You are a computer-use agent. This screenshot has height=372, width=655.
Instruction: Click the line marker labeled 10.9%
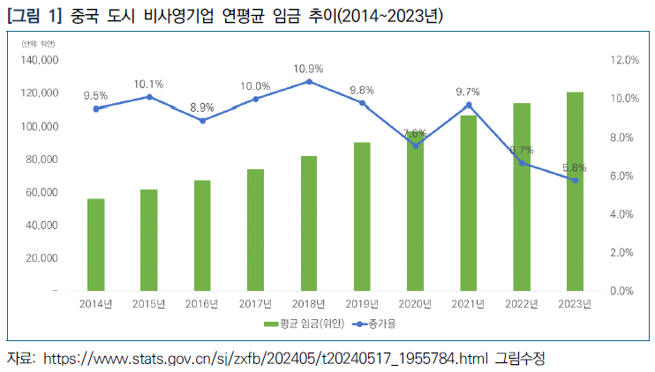[x=309, y=81]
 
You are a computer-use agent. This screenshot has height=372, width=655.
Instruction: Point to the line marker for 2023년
[x=575, y=180]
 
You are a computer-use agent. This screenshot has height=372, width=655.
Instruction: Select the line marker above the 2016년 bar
[x=202, y=120]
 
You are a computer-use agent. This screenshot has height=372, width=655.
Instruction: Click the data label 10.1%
[x=149, y=84]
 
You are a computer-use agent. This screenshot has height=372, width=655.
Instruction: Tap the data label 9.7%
[x=468, y=92]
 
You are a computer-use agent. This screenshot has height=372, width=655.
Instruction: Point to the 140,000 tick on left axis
[x=41, y=60]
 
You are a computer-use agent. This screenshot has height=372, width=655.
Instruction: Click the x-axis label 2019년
[x=362, y=304]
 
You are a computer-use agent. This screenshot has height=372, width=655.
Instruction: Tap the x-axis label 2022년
[x=522, y=304]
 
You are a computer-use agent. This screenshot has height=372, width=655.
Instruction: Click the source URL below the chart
[x=265, y=359]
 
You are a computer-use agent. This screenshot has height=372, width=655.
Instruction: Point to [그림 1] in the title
[x=32, y=16]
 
